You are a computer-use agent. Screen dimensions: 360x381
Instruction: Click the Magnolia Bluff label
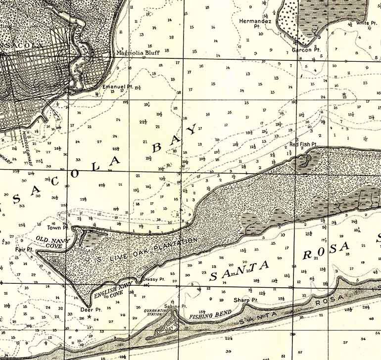tap(137, 52)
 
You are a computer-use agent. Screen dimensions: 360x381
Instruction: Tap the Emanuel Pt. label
tap(118, 87)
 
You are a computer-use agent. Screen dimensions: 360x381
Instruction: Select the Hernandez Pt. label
tap(250, 24)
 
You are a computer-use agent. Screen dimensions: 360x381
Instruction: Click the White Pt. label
tap(366, 23)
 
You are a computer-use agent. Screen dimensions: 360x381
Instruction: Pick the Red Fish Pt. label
tap(303, 144)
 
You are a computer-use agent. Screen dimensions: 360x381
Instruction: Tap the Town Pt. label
tap(58, 227)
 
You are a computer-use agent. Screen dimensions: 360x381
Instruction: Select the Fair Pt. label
tap(23, 249)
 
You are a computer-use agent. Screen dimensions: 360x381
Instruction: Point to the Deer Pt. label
tap(91, 310)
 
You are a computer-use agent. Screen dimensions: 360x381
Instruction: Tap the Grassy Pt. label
tap(153, 280)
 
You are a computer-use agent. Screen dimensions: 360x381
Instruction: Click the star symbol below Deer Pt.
tap(89, 316)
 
